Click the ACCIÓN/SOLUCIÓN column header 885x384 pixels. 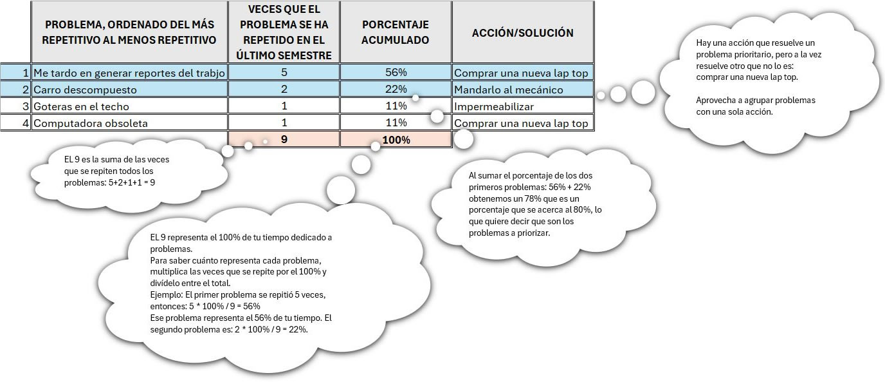(x=522, y=32)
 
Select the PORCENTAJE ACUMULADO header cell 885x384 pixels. (x=396, y=32)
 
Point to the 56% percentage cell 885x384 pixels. (x=396, y=72)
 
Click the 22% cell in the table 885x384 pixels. (x=396, y=90)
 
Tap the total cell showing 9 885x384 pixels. (x=284, y=139)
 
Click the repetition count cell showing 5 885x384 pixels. (x=284, y=72)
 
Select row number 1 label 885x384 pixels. (x=25, y=73)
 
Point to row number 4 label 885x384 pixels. (x=25, y=123)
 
